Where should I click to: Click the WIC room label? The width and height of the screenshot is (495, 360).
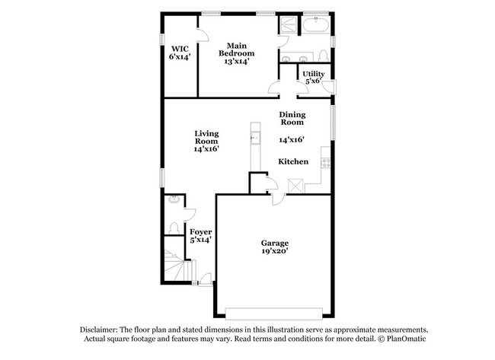pyautogui.click(x=180, y=49)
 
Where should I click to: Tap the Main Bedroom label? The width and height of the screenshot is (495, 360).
pyautogui.click(x=237, y=49)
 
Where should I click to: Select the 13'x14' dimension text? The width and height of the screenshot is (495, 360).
pyautogui.click(x=237, y=62)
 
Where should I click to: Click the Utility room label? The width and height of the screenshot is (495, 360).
pyautogui.click(x=313, y=74)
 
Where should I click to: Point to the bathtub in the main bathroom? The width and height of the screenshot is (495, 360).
pyautogui.click(x=315, y=26)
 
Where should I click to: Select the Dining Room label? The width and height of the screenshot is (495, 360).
pyautogui.click(x=292, y=118)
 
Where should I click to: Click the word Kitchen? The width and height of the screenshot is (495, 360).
pyautogui.click(x=292, y=161)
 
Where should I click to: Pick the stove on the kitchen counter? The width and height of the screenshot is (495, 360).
pyautogui.click(x=325, y=162)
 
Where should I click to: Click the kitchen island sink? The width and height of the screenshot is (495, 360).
pyautogui.click(x=254, y=139)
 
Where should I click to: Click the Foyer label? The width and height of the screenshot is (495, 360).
pyautogui.click(x=200, y=231)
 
